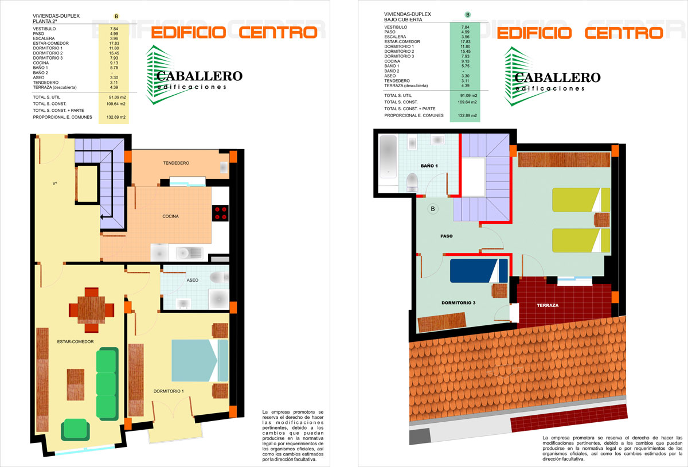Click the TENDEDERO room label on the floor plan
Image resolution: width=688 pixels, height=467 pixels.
pos(176,163)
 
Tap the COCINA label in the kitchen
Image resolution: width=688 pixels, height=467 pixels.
pos(170,216)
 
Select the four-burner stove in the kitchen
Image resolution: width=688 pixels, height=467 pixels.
pos(220,213)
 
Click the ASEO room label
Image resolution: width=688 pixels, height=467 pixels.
pos(193,280)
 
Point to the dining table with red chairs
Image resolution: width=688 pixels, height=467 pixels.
pos(92,310)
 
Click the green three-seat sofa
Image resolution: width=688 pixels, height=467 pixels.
pos(107,384)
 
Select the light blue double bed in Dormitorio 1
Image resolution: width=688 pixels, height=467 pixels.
pos(200,360)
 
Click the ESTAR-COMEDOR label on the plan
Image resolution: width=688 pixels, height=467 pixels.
pos(75,341)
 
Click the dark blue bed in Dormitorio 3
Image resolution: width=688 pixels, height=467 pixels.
pos(479,271)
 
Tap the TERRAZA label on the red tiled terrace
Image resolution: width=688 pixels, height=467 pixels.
pos(548,305)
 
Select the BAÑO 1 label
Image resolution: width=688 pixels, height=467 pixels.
pos(429,166)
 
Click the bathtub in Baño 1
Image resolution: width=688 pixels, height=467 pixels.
pos(388,157)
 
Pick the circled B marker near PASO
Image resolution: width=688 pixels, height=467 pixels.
pos(433,209)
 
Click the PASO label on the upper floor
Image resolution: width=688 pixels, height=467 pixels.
pos(446,236)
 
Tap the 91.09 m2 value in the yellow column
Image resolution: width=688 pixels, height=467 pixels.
pos(117,97)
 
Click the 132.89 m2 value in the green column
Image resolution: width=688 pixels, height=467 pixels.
pos(467,115)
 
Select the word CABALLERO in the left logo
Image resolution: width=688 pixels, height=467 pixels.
pos(200,76)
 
